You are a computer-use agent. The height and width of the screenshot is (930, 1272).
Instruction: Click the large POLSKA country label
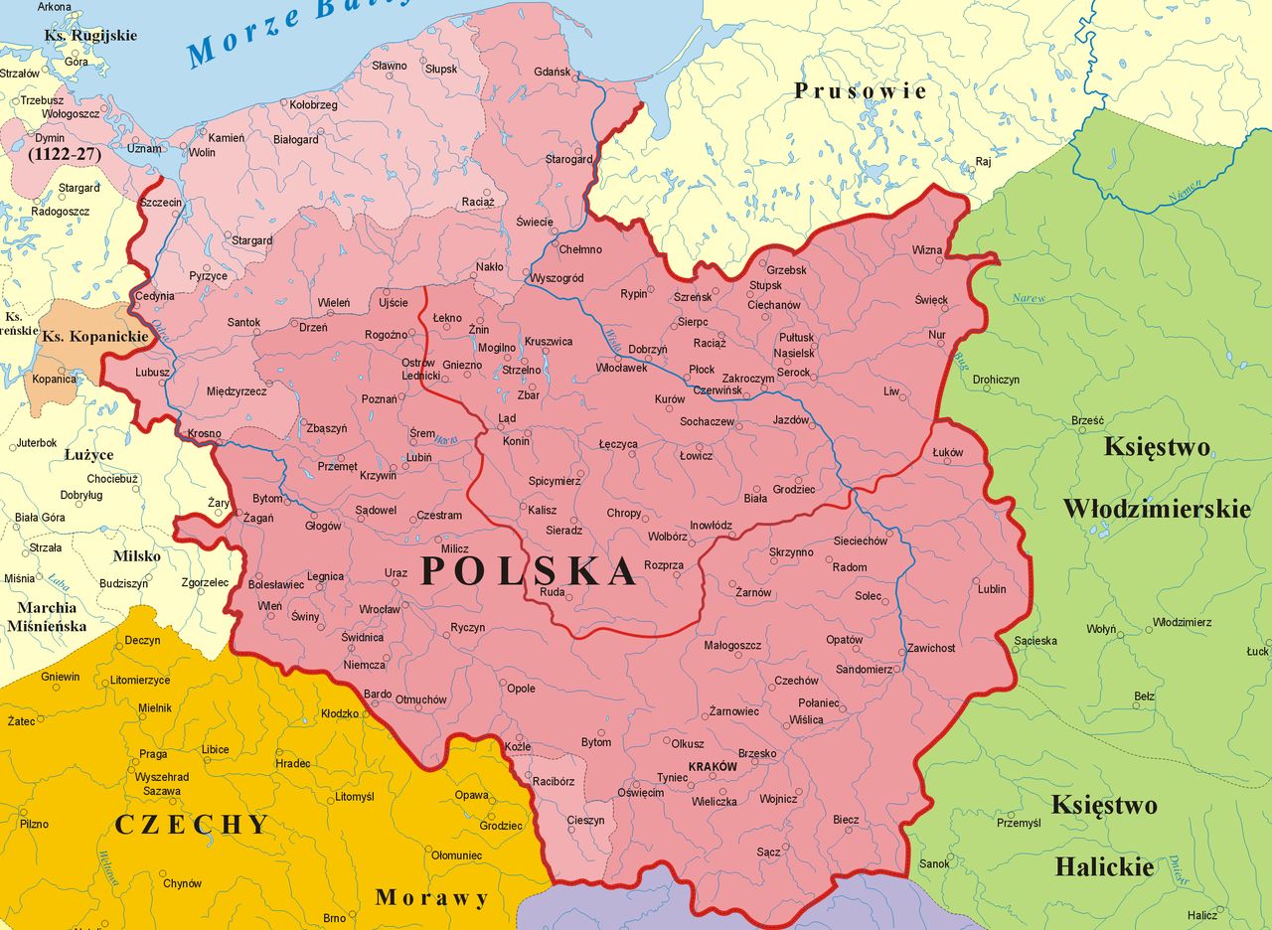[528, 571]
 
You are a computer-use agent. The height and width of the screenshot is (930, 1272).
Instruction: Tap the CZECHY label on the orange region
[192, 825]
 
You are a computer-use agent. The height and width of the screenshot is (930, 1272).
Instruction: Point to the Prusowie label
[861, 91]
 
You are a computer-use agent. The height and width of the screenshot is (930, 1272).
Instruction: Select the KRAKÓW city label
[713, 767]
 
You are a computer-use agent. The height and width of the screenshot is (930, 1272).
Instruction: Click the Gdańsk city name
[552, 73]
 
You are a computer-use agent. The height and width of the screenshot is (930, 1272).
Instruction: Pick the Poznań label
[379, 399]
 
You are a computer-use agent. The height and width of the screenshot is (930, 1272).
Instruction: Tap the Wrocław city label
[380, 609]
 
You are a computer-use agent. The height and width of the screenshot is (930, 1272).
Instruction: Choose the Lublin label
[992, 589]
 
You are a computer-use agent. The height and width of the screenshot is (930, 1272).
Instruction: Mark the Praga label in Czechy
[153, 754]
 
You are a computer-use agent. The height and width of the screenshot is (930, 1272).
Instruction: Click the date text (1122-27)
[64, 155]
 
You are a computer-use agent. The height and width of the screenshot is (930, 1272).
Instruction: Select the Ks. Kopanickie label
[94, 337]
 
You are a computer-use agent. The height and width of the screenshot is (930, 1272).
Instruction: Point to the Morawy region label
[432, 898]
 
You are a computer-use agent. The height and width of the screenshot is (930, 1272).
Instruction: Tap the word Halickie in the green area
[1104, 867]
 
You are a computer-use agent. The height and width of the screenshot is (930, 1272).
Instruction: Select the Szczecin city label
[162, 203]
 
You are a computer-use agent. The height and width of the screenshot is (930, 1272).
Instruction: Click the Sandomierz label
[864, 670]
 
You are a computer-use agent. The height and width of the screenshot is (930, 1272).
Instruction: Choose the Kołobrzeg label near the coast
[313, 104]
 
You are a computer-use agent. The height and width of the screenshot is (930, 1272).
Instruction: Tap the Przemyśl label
[1018, 823]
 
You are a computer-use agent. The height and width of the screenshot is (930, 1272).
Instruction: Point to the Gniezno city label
[462, 366]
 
